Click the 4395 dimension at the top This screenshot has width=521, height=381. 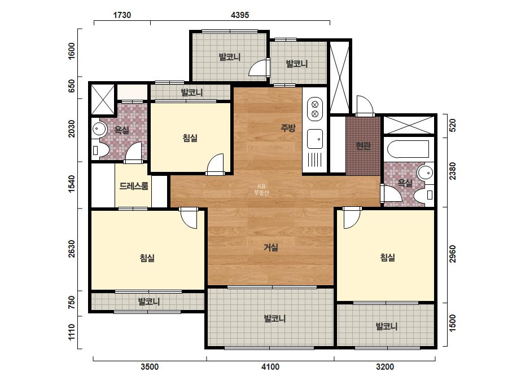tap(239, 15)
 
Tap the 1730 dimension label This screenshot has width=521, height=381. tap(122, 15)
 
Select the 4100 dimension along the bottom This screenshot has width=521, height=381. tap(270, 367)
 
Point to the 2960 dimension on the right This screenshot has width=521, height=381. tap(453, 254)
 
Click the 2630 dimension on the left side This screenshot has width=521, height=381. tap(72, 249)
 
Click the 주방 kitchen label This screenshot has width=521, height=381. tap(288, 128)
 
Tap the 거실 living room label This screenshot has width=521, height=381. tap(271, 247)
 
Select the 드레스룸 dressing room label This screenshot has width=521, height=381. tap(134, 186)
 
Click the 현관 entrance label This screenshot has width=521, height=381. tap(363, 145)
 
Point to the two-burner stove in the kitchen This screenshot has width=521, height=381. tap(314, 109)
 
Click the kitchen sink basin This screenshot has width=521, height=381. tap(314, 139)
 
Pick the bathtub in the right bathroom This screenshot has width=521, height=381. tap(408, 149)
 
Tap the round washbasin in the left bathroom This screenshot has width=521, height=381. tap(99, 128)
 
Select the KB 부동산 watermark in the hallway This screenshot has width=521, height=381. tap(261, 190)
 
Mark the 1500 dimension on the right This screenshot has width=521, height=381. tap(453, 324)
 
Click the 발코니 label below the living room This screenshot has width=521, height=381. tap(274, 318)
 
